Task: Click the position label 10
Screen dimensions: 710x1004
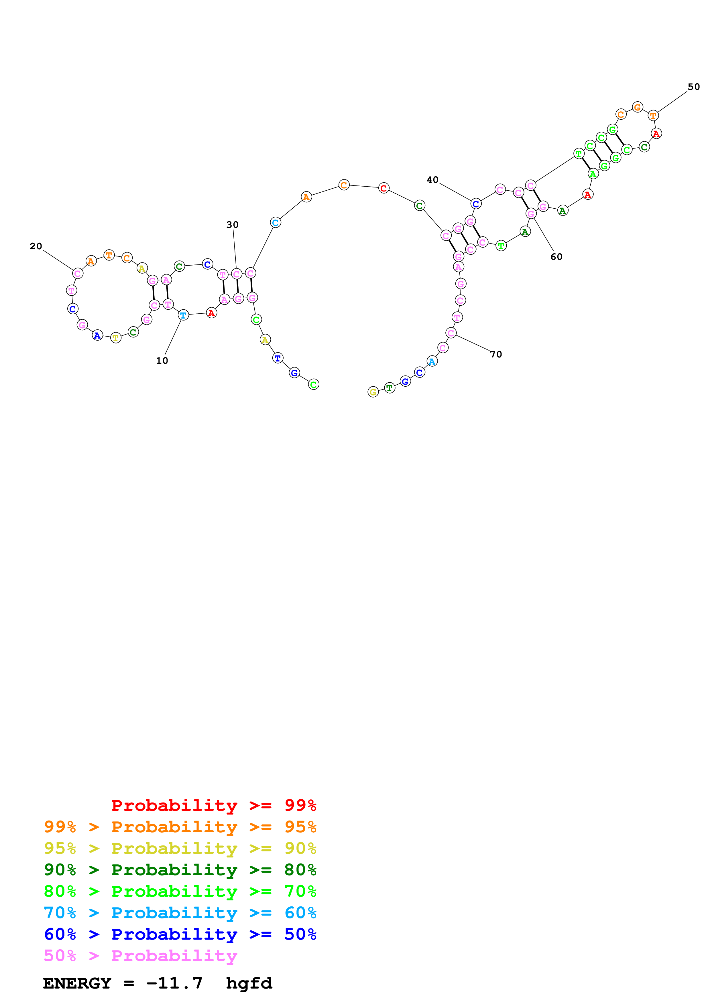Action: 162,361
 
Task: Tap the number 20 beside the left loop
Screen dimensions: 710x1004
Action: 36,246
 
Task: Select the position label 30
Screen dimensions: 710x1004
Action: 232,225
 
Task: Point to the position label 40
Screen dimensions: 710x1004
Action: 432,180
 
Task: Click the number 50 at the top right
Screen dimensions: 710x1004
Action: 693,87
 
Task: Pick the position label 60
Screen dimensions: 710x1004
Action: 556,257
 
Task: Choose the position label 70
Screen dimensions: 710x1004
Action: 496,354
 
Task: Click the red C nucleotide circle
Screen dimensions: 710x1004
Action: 384,188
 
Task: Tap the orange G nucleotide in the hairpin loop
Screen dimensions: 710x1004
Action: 637,107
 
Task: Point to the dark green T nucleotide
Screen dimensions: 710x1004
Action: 389,388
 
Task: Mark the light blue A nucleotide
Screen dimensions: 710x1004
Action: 432,361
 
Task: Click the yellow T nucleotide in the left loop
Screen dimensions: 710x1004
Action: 115,338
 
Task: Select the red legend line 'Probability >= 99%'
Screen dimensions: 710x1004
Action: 213,805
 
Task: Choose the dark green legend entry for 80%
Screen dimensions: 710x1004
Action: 180,870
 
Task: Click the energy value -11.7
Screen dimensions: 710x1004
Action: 174,983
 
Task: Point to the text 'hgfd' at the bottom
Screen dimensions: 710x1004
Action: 249,983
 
